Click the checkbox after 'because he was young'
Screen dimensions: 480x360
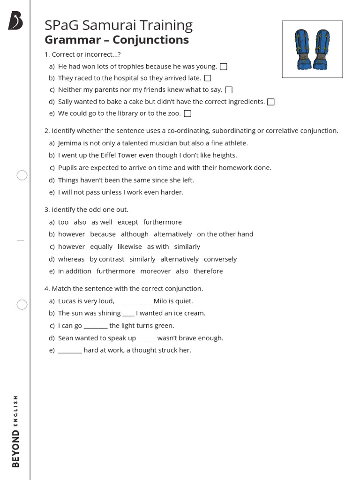[x=224, y=67]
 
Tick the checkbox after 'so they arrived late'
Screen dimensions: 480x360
[x=208, y=78]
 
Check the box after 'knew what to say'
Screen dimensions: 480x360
[x=229, y=90]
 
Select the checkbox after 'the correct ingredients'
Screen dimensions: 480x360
[x=271, y=102]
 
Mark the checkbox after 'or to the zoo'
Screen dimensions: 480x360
[x=188, y=113]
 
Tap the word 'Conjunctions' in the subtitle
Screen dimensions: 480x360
[x=150, y=40]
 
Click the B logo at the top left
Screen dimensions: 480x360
[x=15, y=22]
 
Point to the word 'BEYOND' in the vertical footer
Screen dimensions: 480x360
[x=16, y=449]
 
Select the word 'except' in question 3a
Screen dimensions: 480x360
[x=127, y=222]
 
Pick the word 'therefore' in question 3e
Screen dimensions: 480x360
[x=208, y=271]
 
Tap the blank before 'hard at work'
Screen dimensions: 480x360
[x=70, y=351]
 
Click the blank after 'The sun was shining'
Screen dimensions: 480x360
[x=128, y=314]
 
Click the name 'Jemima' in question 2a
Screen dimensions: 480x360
[x=70, y=143]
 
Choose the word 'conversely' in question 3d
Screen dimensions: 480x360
[x=220, y=259]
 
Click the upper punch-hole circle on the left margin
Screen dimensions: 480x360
[x=22, y=176]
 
